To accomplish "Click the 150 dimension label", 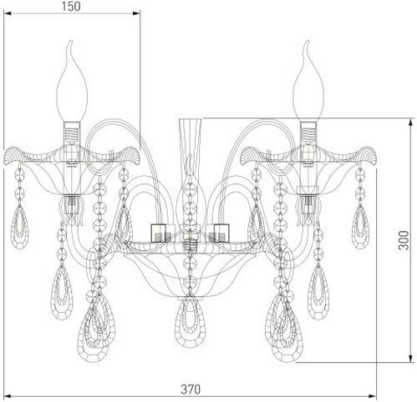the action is click(x=71, y=7).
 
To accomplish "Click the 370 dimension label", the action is click(x=191, y=389).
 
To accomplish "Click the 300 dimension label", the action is click(x=404, y=240).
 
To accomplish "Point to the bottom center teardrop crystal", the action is click(x=191, y=322).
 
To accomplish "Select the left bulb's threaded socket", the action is click(x=72, y=132).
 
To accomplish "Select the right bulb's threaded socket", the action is click(x=308, y=132).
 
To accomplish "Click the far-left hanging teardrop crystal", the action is click(x=19, y=227).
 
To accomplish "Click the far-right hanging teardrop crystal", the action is click(x=361, y=227).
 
